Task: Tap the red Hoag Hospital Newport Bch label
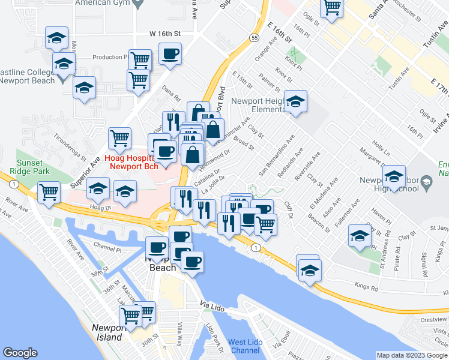click(x=131, y=162)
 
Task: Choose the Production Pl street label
click(x=110, y=58)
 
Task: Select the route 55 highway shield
click(x=255, y=37)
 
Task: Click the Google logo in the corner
click(x=20, y=353)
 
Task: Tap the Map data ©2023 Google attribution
click(x=412, y=355)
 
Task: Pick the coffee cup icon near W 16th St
click(x=170, y=55)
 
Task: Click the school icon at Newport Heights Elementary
click(x=295, y=102)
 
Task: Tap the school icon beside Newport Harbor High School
click(x=394, y=177)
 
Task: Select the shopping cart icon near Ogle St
click(x=331, y=8)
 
